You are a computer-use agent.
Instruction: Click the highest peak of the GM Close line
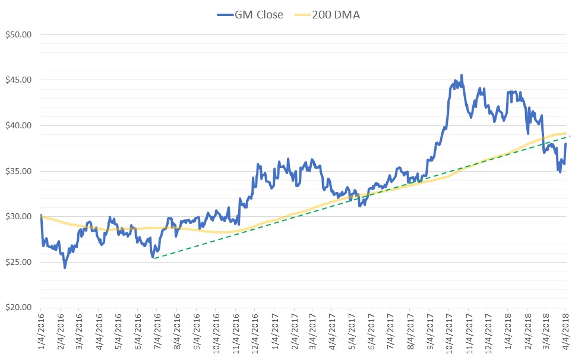462,75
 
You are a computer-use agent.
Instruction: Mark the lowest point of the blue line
65,268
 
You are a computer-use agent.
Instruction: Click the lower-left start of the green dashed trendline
153,258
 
